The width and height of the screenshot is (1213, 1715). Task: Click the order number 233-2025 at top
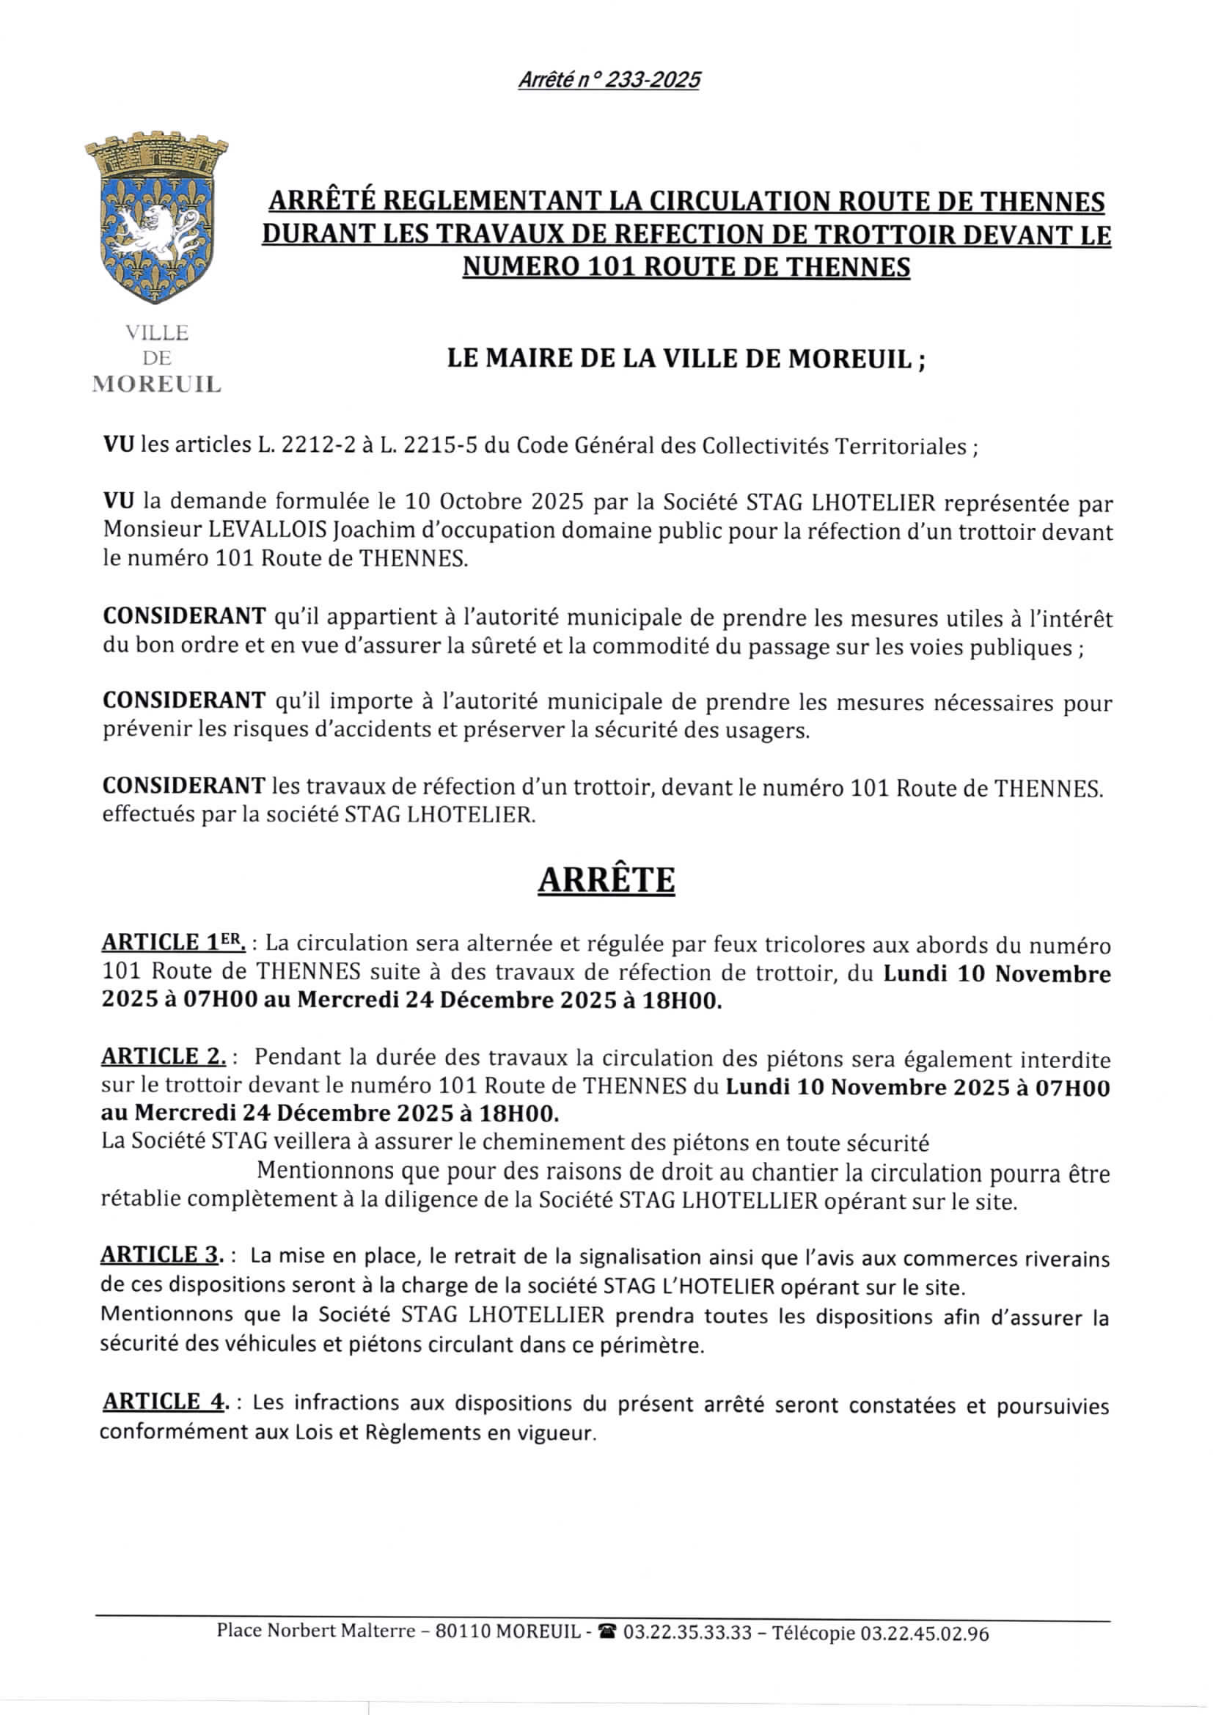point(651,80)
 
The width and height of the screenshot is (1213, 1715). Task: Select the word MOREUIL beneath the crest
point(156,384)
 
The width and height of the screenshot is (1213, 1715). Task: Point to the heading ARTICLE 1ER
point(173,943)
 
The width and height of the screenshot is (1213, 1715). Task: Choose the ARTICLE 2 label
point(163,1057)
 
